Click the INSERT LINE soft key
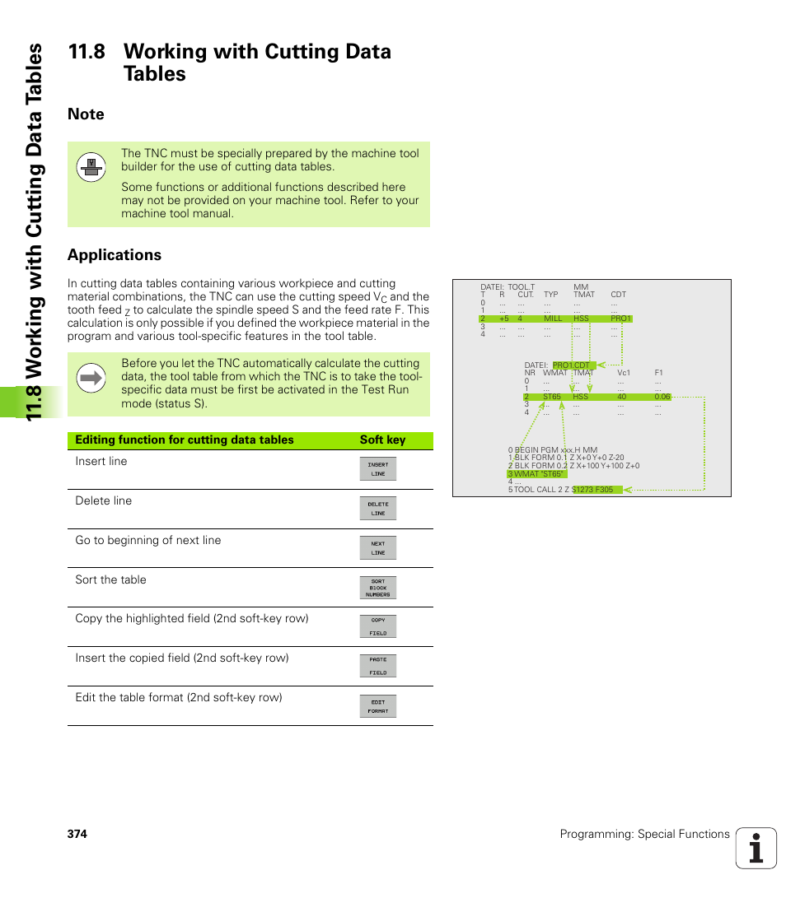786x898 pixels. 378,469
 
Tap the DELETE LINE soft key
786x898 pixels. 378,509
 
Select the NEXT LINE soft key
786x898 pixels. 378,548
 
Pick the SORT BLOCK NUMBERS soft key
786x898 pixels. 378,588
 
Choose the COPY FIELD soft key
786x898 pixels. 378,626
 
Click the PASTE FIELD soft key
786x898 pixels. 378,666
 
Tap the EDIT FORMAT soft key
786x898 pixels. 378,706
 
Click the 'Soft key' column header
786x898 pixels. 382,440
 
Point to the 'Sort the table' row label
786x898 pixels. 110,579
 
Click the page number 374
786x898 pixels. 77,834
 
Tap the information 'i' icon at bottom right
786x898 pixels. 756,849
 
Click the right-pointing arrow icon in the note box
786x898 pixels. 91,379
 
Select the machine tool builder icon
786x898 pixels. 91,167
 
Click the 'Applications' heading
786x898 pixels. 115,255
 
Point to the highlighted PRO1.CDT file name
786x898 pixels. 571,365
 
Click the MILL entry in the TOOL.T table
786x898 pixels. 553,319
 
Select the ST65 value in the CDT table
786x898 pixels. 551,397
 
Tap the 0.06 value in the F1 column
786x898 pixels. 662,397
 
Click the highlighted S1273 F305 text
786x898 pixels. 593,490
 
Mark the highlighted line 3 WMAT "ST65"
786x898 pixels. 536,474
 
